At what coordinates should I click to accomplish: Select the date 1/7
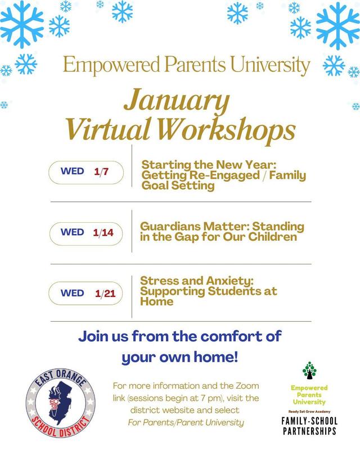coord(101,172)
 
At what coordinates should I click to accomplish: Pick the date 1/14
coord(103,232)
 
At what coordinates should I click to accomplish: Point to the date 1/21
coord(105,293)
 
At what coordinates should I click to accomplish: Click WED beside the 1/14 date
coord(72,232)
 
